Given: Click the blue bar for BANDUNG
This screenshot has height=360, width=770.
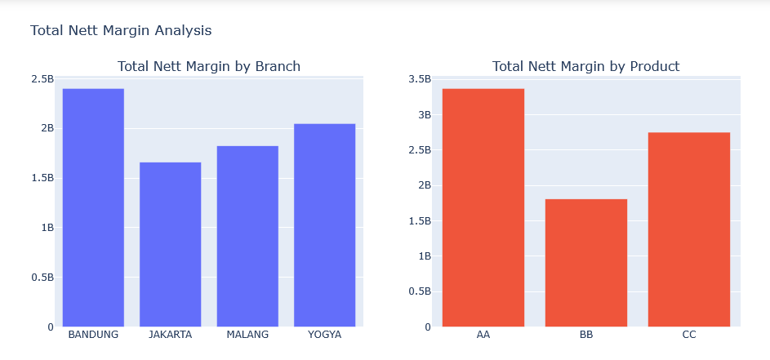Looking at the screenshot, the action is (x=93, y=207).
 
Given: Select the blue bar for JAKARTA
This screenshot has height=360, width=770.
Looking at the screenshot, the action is (x=171, y=244).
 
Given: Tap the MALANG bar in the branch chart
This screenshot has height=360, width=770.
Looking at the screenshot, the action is (x=247, y=236).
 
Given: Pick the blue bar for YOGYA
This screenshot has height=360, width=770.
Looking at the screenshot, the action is (x=325, y=225).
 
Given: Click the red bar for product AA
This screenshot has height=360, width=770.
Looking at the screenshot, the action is (x=483, y=207).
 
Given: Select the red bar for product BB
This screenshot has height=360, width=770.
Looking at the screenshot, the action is (x=586, y=263).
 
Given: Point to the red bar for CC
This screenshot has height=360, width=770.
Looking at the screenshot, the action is (x=689, y=229).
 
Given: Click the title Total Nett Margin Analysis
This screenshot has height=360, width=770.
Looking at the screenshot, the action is (x=121, y=30).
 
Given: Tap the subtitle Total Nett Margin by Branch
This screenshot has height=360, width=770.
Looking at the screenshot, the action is (x=209, y=66).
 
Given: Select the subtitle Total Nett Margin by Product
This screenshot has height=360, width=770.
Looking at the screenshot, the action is (x=585, y=66).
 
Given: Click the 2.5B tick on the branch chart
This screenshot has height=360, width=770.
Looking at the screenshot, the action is (x=42, y=79).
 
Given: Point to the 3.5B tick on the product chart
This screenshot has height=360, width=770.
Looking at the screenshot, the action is (x=420, y=79).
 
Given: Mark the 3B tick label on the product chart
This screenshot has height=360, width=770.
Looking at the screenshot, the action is (x=424, y=114).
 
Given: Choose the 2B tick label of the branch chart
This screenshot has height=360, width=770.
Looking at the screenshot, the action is (x=47, y=128).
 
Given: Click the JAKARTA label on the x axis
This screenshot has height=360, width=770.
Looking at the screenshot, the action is (x=171, y=335).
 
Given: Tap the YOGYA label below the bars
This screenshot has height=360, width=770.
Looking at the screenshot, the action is (x=325, y=335).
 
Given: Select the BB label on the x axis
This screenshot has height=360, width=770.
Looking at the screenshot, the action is (x=586, y=335).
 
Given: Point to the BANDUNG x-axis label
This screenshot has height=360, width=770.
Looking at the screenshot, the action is (x=93, y=335).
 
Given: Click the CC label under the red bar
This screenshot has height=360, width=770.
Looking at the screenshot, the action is (x=689, y=335).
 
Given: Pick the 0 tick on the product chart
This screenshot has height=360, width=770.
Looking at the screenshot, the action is (x=428, y=327).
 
